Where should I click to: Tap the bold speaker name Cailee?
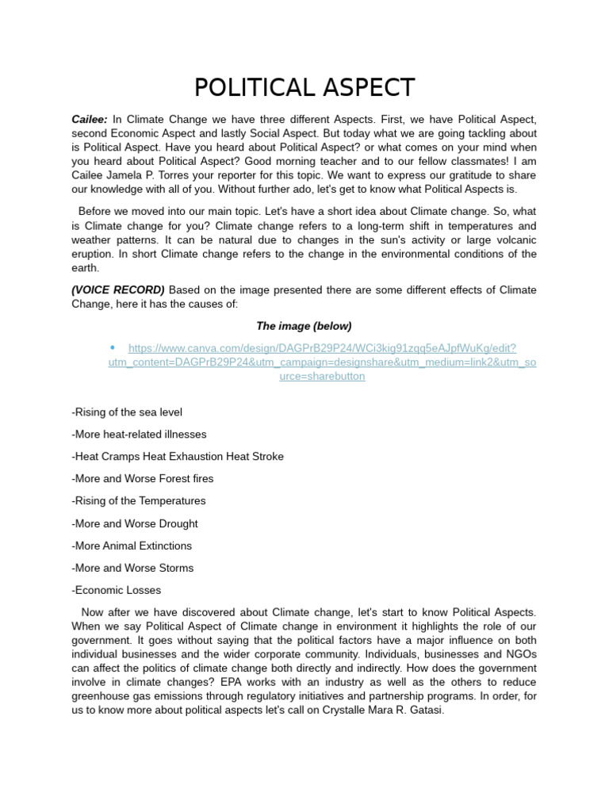point(90,119)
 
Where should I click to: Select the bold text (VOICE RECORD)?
point(118,289)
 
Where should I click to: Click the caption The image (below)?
point(304,326)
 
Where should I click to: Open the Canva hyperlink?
point(322,362)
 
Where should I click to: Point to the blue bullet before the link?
point(112,348)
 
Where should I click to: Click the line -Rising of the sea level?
point(126,412)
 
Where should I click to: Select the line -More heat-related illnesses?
point(139,435)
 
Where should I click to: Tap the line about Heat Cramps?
point(177,457)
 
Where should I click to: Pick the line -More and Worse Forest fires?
point(142,479)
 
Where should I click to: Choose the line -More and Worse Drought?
point(134,523)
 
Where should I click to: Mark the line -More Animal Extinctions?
point(131,546)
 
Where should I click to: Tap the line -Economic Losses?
point(116,590)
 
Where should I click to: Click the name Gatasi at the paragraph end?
point(427,710)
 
